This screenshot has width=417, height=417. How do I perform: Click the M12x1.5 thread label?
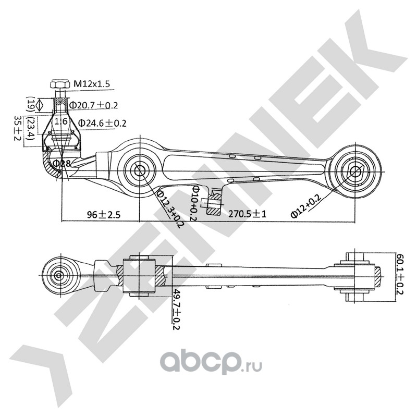coord(92,84)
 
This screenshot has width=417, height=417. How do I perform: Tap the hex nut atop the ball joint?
coord(60,84)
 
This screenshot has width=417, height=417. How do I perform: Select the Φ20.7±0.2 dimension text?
coord(93,105)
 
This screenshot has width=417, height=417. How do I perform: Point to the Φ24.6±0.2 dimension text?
coord(102,123)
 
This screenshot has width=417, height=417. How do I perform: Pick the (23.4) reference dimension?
coord(30,132)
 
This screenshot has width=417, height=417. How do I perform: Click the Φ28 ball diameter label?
coord(62,163)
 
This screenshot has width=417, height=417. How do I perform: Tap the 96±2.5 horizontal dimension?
coord(104,214)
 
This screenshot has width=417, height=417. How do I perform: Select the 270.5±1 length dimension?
coord(247,214)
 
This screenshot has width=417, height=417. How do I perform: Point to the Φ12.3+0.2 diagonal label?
coord(170,209)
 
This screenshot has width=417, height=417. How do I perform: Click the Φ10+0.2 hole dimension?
coord(194,203)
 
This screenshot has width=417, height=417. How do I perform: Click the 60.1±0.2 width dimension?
coord(399,274)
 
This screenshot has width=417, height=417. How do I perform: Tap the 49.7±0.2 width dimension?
coord(176,309)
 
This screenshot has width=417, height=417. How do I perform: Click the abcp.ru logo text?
coord(211,363)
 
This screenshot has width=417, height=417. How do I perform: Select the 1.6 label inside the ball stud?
coord(61,121)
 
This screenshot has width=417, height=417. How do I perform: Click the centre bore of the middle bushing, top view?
coord(139,170)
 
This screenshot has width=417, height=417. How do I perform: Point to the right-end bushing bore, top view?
coord(355,171)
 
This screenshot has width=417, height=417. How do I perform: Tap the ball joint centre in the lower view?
coord(58,275)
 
